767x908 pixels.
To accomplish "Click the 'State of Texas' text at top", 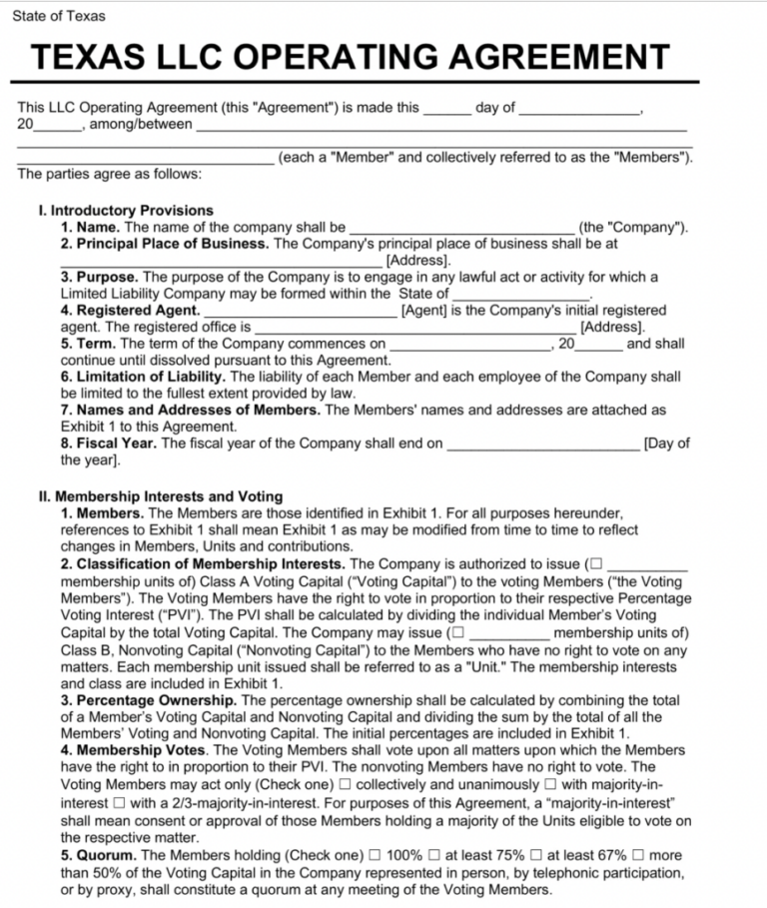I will tap(59, 16).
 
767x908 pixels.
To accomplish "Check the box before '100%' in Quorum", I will tap(375, 856).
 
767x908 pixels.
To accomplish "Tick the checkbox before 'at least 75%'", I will tap(435, 856).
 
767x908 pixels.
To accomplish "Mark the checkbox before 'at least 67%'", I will tap(538, 856).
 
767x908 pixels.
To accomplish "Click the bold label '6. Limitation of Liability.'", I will tap(144, 377).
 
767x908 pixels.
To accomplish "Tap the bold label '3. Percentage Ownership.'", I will tap(150, 700).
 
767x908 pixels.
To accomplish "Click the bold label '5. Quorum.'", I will tap(100, 856).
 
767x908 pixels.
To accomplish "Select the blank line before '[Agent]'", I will tap(299, 311).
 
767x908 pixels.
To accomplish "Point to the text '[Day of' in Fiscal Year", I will tap(667, 444).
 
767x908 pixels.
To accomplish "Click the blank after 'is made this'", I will tap(446, 109).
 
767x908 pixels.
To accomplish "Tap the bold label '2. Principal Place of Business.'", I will tap(165, 244).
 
